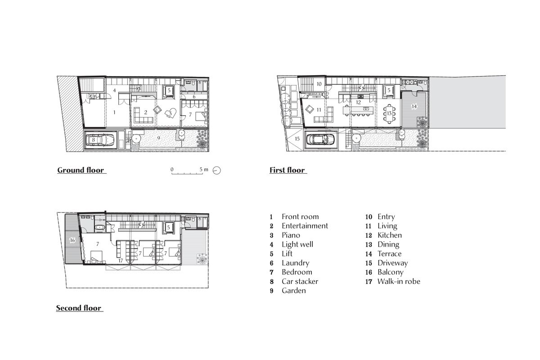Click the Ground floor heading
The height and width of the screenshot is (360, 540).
(81, 170)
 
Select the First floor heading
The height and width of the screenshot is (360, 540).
(287, 170)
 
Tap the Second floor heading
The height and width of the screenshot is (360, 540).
(79, 308)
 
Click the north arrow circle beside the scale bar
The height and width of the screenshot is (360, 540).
(217, 171)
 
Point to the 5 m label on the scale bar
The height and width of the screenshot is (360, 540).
(204, 170)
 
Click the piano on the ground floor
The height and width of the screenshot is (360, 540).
(171, 113)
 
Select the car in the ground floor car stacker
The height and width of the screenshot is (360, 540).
(100, 140)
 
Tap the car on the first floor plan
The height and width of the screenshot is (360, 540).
(320, 139)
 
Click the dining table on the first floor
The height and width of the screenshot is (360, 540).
(389, 113)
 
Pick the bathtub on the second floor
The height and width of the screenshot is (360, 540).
(99, 227)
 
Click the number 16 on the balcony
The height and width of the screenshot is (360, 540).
(72, 240)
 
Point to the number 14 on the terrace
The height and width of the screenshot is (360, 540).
(414, 106)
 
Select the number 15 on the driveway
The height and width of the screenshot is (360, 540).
(297, 139)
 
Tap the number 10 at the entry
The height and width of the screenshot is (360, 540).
(319, 84)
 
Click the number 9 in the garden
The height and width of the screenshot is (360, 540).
(158, 138)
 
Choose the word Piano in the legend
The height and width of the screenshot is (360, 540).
(291, 235)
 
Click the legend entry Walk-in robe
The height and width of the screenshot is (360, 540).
(399, 281)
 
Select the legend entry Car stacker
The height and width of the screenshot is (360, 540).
(300, 281)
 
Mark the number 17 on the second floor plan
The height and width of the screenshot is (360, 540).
(121, 261)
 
